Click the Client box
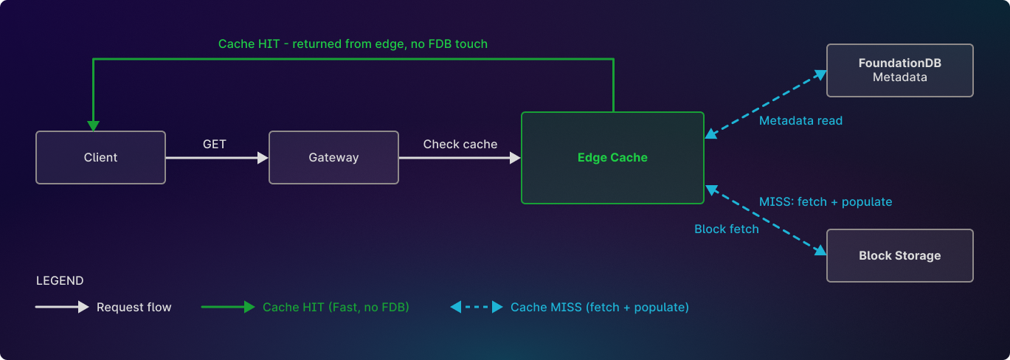pyautogui.click(x=100, y=157)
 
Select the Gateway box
pyautogui.click(x=333, y=157)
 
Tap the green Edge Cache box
pyautogui.click(x=612, y=157)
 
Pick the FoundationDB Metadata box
pyautogui.click(x=899, y=70)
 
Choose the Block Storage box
pyautogui.click(x=899, y=255)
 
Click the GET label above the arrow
pyautogui.click(x=215, y=144)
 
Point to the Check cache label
pyautogui.click(x=460, y=144)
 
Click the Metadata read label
pyautogui.click(x=800, y=120)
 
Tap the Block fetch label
pyautogui.click(x=727, y=229)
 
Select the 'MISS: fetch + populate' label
pyautogui.click(x=826, y=201)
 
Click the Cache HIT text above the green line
pyautogui.click(x=353, y=44)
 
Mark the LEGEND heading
pyautogui.click(x=60, y=281)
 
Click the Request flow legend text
pyautogui.click(x=134, y=307)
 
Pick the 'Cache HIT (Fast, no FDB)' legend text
pyautogui.click(x=336, y=307)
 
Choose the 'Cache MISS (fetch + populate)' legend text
pyautogui.click(x=599, y=307)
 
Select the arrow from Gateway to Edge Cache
pyautogui.click(x=459, y=157)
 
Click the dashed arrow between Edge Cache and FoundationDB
pyautogui.click(x=765, y=103)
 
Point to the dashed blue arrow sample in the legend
pyautogui.click(x=477, y=307)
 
